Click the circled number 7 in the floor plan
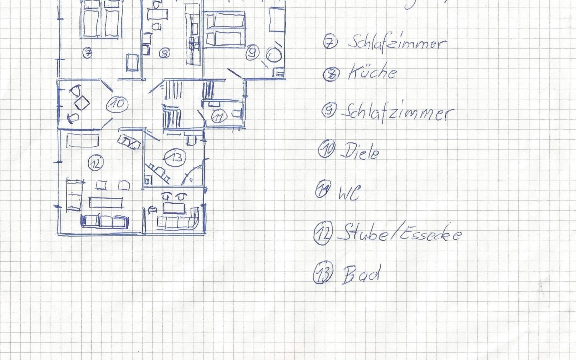click(x=87, y=53)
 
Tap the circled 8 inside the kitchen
click(x=164, y=53)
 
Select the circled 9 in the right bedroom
click(x=252, y=53)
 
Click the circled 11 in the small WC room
click(x=219, y=117)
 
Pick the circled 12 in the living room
click(x=95, y=163)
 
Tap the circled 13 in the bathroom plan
click(x=175, y=157)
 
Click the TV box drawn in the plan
click(x=129, y=142)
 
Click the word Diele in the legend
click(x=359, y=152)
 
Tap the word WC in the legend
click(x=348, y=193)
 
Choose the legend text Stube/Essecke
click(x=399, y=234)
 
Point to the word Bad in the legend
click(x=361, y=274)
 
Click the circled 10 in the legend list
click(x=326, y=148)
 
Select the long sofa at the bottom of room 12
click(x=105, y=221)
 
